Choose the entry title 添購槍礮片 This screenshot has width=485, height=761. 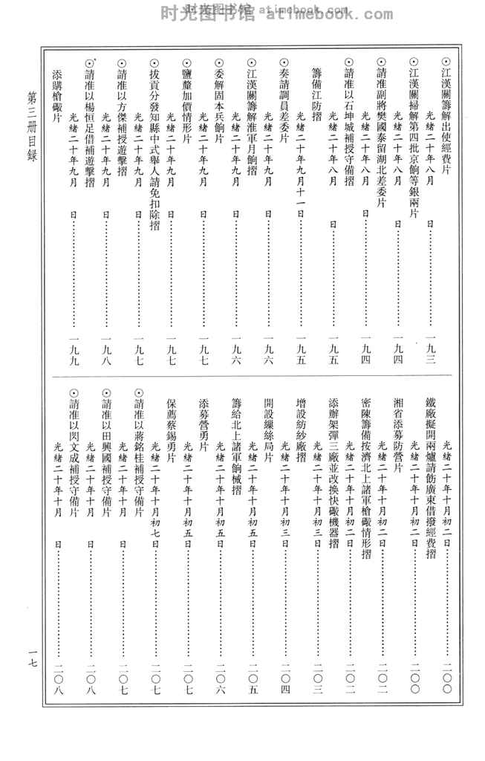[x=56, y=92]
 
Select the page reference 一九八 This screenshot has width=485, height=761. [x=105, y=357]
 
